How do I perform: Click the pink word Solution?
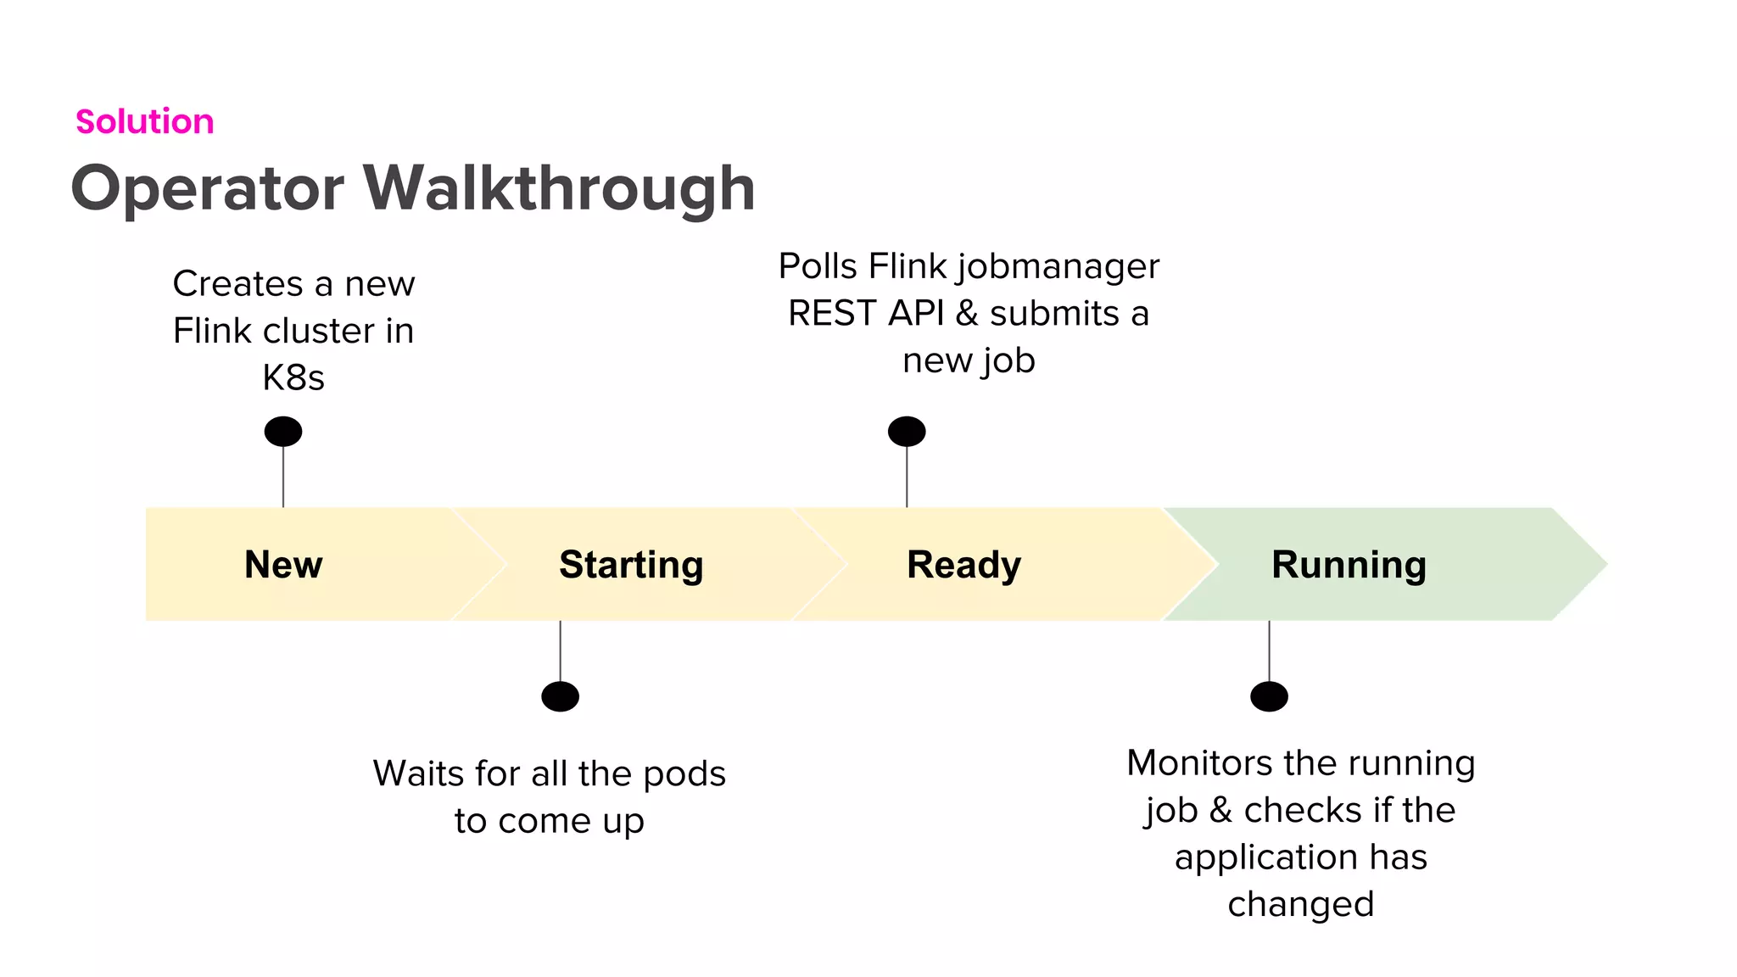(144, 122)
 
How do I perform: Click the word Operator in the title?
(207, 188)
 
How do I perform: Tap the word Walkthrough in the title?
(560, 188)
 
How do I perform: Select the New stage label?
(283, 565)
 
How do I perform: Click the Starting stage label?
(631, 565)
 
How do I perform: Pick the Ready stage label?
(963, 565)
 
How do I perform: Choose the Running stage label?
(1349, 565)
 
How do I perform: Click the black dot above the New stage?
(283, 432)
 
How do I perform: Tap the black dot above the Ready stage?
(907, 432)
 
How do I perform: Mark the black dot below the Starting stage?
(560, 697)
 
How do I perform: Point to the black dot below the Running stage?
(1269, 697)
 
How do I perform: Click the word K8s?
(293, 378)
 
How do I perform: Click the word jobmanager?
(1058, 267)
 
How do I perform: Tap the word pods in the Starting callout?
(684, 774)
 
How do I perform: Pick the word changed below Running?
(1300, 905)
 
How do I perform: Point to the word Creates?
(237, 284)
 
